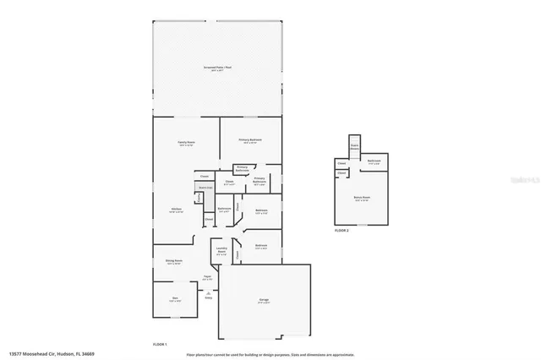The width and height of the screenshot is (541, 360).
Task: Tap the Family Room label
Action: coord(186,144)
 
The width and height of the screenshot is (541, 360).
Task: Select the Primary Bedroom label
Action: coord(249,140)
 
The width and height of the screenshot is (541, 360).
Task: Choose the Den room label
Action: coord(176,298)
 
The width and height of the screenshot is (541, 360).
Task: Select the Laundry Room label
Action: coord(221,250)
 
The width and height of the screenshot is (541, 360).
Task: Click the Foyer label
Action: coord(207,276)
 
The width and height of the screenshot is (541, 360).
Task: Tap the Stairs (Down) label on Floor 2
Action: coord(355,145)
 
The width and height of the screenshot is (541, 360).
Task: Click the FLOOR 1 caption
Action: coord(160,344)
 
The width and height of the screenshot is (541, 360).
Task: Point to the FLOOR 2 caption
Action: coord(342,230)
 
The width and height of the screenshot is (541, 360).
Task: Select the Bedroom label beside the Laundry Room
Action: coord(260,246)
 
